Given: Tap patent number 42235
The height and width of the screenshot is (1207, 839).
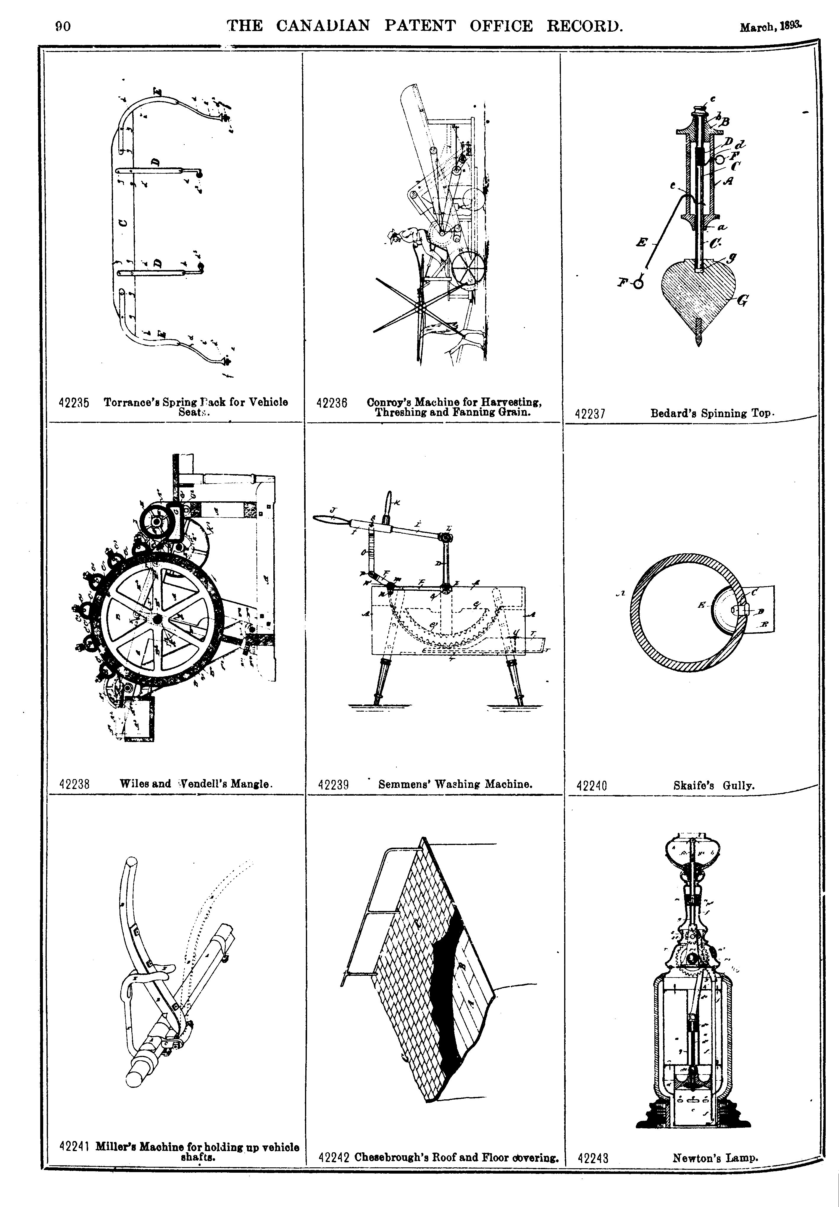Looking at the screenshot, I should coord(74,403).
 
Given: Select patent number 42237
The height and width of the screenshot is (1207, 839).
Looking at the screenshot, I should coord(591,413).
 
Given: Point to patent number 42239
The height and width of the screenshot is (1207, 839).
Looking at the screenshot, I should coord(334,785).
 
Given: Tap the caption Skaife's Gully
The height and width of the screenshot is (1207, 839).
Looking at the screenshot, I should coord(713,786).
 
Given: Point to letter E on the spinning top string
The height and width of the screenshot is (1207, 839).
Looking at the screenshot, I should coord(641,243).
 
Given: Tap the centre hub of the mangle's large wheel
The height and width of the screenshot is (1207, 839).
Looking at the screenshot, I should coord(157,620).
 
